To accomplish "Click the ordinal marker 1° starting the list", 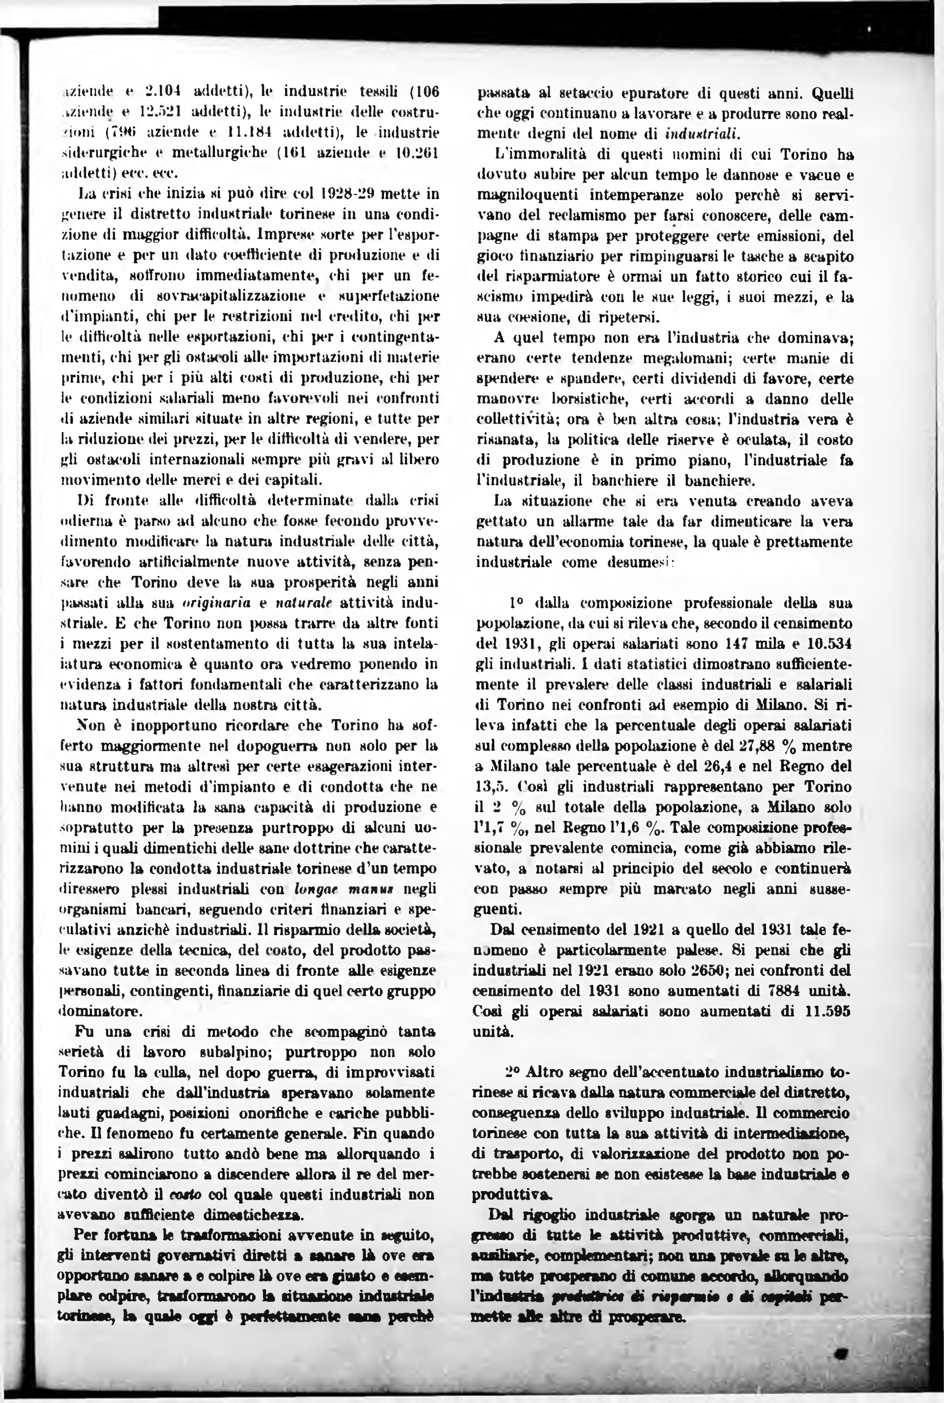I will (517, 603).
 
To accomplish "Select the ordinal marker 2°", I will (512, 1072).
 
